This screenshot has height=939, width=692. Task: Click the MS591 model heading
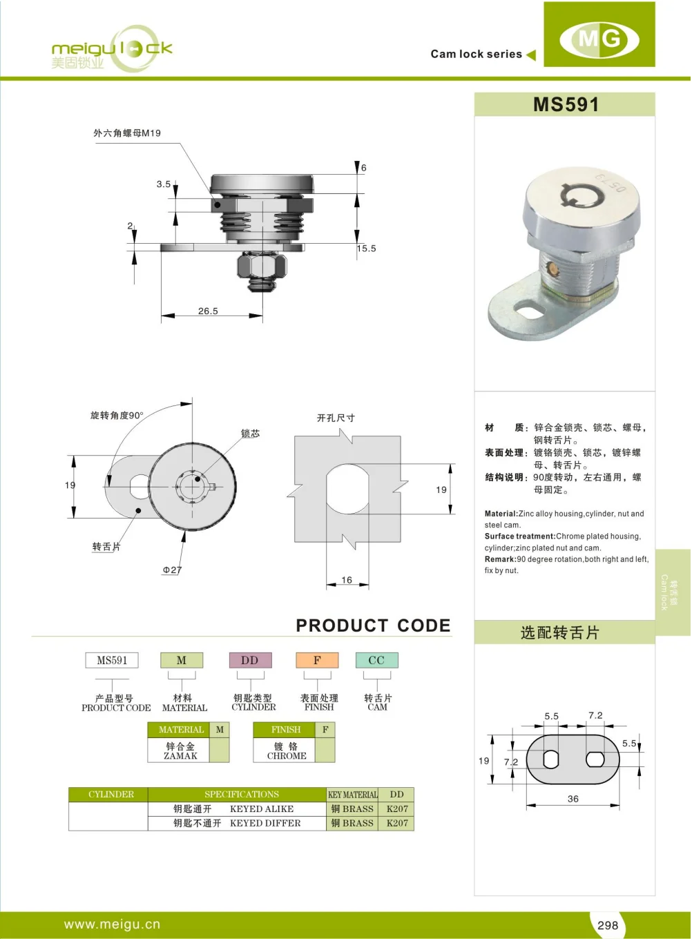point(566,105)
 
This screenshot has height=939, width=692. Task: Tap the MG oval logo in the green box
point(599,38)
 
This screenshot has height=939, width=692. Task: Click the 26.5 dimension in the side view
point(208,311)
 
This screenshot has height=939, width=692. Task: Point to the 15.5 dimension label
point(367,249)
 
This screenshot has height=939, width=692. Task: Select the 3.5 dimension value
point(164,184)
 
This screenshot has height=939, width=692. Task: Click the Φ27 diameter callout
point(172,570)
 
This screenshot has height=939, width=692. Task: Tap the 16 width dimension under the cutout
point(347,580)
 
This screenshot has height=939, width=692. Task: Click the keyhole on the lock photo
point(573,197)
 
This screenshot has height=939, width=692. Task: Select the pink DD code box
point(250,661)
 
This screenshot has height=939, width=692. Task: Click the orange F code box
point(317,661)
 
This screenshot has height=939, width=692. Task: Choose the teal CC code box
point(376,661)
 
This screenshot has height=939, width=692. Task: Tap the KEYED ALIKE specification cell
point(262,809)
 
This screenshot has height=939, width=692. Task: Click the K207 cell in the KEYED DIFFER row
point(397,824)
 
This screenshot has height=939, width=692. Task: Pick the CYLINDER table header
point(110,795)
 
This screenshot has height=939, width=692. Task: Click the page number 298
point(608,925)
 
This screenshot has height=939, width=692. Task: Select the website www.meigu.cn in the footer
point(112,925)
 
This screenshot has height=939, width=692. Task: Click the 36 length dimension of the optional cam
point(573,799)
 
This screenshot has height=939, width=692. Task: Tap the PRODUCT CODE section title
point(373,626)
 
